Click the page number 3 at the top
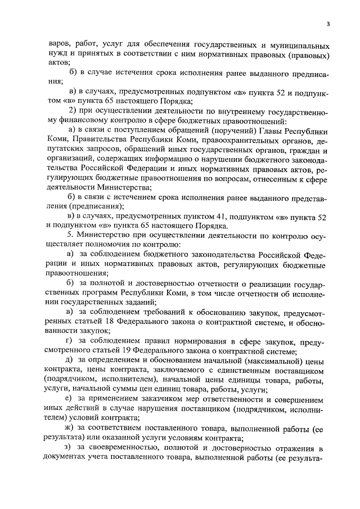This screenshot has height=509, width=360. tap(327, 24)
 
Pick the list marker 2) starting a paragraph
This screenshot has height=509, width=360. tap(71, 109)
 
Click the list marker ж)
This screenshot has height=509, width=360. tap(70, 429)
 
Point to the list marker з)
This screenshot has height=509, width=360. tap(69, 448)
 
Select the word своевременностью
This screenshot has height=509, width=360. tap(127, 448)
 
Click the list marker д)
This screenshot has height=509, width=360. tap(70, 360)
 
